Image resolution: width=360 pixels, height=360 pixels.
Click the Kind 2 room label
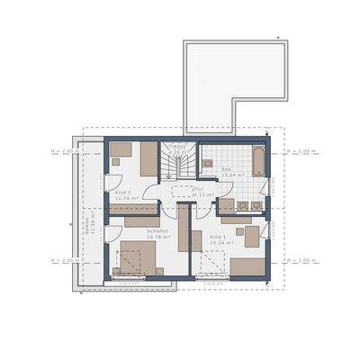point(123,193)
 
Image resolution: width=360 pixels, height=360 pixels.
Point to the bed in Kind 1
point(247,265)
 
